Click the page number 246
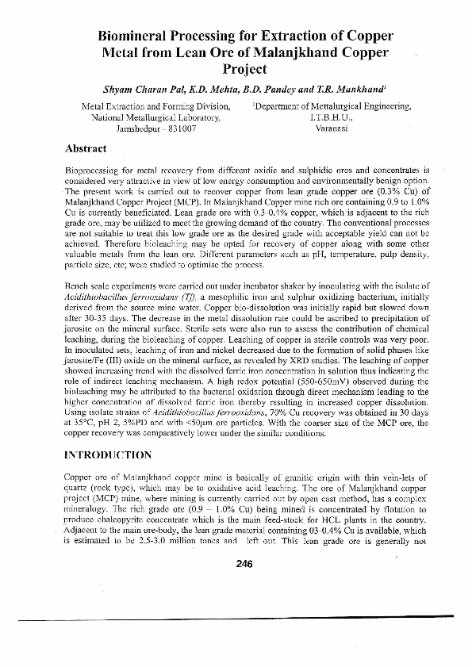244,564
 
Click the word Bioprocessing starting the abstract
92,171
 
